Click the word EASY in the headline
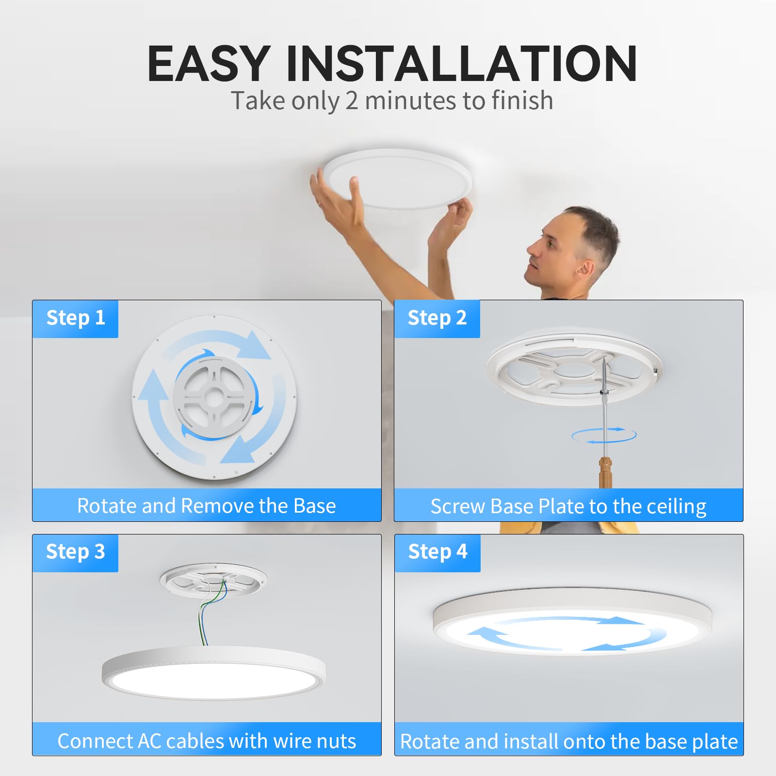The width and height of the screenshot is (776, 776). point(209,64)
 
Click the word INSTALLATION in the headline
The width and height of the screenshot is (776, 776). point(462,64)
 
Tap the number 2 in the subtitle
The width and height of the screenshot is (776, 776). point(352,101)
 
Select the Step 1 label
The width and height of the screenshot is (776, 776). point(76,318)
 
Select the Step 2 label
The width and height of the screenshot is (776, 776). point(437,318)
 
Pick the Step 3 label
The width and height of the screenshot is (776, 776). point(76,552)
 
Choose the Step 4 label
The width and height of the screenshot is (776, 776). point(437,552)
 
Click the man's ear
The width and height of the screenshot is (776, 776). point(586,268)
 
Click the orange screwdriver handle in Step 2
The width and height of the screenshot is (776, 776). point(605,471)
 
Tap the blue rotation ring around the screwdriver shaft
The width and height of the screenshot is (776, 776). point(604,435)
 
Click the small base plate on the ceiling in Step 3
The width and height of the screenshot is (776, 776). point(213,580)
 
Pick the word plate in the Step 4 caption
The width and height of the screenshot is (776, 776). point(715,742)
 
